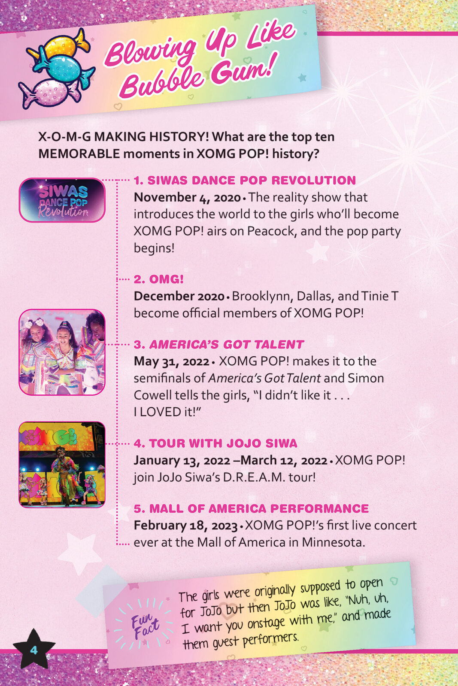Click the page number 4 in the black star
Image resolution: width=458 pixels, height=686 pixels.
click(x=34, y=650)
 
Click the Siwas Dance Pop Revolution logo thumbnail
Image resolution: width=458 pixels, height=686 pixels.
click(x=62, y=200)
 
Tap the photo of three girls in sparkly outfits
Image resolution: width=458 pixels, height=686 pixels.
click(x=62, y=352)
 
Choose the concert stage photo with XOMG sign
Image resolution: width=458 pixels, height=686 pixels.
click(x=62, y=464)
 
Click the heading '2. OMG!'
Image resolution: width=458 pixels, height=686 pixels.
click(x=159, y=279)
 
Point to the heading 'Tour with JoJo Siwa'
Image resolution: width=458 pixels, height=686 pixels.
click(x=215, y=443)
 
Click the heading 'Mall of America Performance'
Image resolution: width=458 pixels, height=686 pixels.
click(x=251, y=508)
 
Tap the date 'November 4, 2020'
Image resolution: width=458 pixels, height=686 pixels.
click(x=187, y=198)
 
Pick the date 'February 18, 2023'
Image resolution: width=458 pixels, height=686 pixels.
click(x=186, y=526)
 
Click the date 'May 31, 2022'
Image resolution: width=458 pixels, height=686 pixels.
click(x=171, y=361)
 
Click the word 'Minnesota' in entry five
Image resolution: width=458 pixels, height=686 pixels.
click(x=334, y=542)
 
